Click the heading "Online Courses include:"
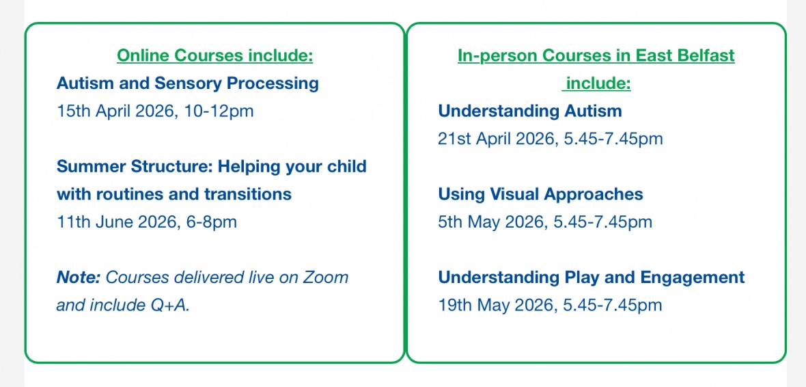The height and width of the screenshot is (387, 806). tap(215, 55)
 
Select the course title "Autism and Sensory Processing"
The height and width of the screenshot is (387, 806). tap(188, 83)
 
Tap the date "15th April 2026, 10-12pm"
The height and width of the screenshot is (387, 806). tap(155, 111)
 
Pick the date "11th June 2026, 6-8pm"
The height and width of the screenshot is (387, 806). tap(146, 222)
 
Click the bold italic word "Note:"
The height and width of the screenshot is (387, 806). tap(79, 278)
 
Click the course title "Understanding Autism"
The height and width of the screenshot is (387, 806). tap(530, 111)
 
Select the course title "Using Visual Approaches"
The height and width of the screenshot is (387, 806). tap(541, 195)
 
